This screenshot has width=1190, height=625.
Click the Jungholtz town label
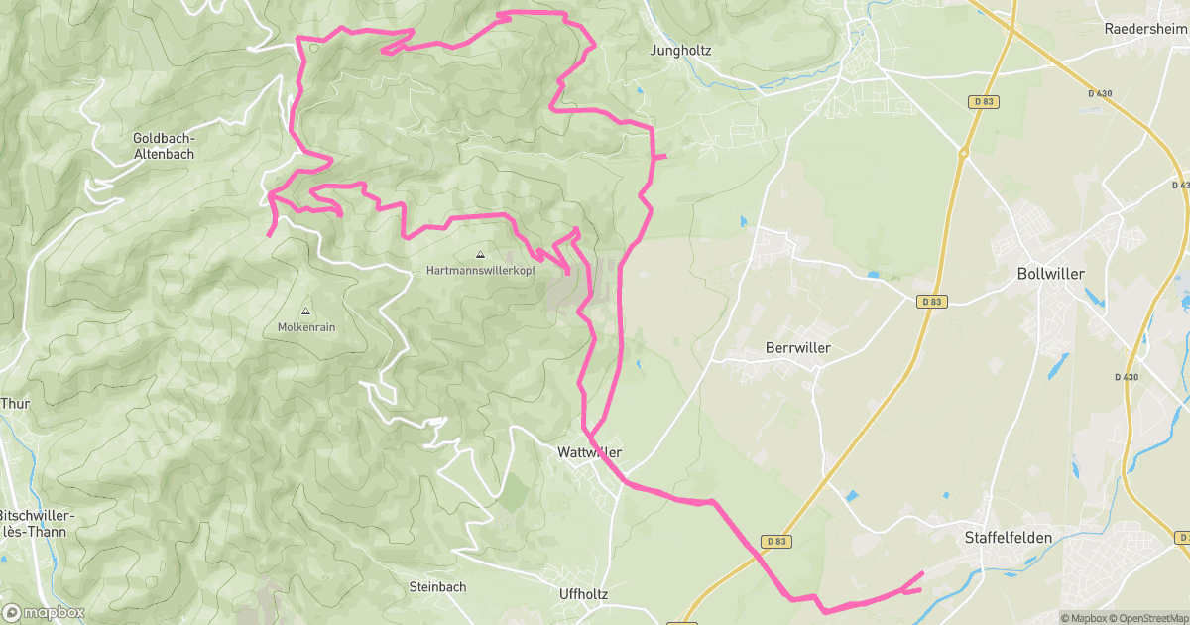pyautogui.click(x=680, y=50)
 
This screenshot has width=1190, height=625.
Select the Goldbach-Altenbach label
pyautogui.click(x=164, y=146)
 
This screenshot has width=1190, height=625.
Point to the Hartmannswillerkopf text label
pyautogui.click(x=481, y=269)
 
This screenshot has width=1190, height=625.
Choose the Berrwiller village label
pyautogui.click(x=797, y=348)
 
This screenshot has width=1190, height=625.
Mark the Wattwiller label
pyautogui.click(x=590, y=452)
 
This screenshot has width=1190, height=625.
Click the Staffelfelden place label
pyautogui.click(x=1008, y=538)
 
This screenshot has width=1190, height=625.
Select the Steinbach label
pyautogui.click(x=437, y=586)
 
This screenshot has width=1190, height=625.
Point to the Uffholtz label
pyautogui.click(x=583, y=594)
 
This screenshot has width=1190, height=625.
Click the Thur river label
pyautogui.click(x=16, y=404)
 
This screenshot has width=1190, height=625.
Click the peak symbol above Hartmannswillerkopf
pyautogui.click(x=481, y=254)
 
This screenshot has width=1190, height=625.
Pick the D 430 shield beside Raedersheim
pyautogui.click(x=1099, y=93)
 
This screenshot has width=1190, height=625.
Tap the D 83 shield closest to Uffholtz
pyautogui.click(x=776, y=541)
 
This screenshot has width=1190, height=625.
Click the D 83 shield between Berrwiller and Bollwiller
pyautogui.click(x=929, y=301)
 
